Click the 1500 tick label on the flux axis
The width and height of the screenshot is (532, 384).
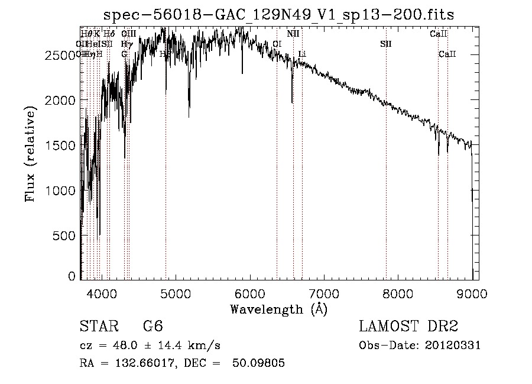(61, 146)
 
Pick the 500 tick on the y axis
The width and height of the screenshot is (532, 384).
(66, 235)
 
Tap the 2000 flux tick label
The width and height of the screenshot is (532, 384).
(61, 100)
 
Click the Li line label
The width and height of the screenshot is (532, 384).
(302, 54)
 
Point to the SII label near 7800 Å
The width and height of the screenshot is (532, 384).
(386, 44)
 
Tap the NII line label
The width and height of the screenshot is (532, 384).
(293, 34)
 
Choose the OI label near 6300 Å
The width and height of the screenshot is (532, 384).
(277, 44)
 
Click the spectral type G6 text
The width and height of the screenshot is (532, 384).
(153, 327)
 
